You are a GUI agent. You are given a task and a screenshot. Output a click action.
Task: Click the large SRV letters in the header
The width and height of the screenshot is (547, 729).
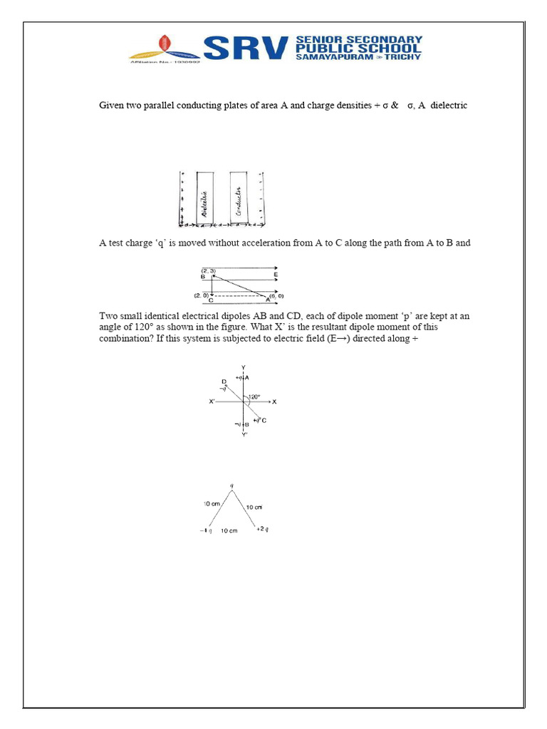246,48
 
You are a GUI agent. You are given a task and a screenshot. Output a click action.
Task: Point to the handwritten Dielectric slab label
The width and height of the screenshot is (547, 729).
204,202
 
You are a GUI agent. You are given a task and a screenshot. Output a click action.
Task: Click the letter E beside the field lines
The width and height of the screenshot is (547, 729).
276,275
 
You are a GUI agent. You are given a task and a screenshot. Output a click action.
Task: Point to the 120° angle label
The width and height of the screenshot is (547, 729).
255,397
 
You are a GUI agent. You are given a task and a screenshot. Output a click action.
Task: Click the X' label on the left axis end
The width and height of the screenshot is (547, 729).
212,402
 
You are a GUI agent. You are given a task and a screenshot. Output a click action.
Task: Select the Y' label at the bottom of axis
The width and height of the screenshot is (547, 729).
244,435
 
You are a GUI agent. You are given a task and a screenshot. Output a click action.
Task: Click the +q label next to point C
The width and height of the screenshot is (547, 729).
259,421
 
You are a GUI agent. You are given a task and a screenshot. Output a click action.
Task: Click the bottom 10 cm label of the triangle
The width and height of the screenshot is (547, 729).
229,530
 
